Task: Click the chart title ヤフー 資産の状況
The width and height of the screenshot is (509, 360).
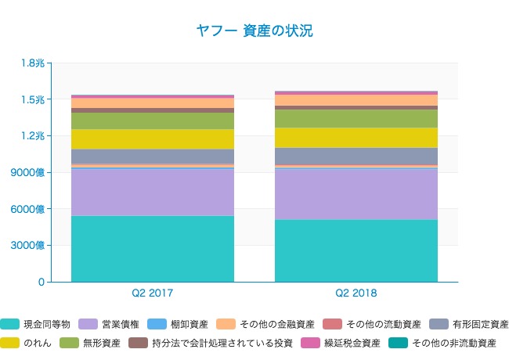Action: click(x=254, y=31)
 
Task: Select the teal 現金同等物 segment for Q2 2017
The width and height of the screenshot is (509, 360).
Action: click(x=153, y=248)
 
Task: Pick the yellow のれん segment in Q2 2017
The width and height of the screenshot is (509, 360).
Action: click(x=153, y=139)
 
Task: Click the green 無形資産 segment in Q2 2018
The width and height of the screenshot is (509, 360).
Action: click(x=356, y=118)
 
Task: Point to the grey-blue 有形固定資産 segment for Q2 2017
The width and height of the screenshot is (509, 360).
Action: click(x=153, y=156)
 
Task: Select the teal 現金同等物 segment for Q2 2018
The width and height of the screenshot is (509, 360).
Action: click(x=356, y=250)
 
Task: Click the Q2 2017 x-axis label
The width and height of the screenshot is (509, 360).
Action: click(x=153, y=293)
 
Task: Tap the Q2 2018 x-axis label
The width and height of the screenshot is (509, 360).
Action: click(x=356, y=293)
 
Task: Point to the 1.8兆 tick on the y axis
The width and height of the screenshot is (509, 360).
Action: click(x=34, y=63)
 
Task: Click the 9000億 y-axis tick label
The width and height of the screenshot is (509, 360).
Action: click(x=29, y=172)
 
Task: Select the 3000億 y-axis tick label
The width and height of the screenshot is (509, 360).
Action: click(x=29, y=245)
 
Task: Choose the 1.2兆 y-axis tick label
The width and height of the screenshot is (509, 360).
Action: click(x=34, y=135)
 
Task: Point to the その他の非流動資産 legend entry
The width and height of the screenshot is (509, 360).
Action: click(x=453, y=343)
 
